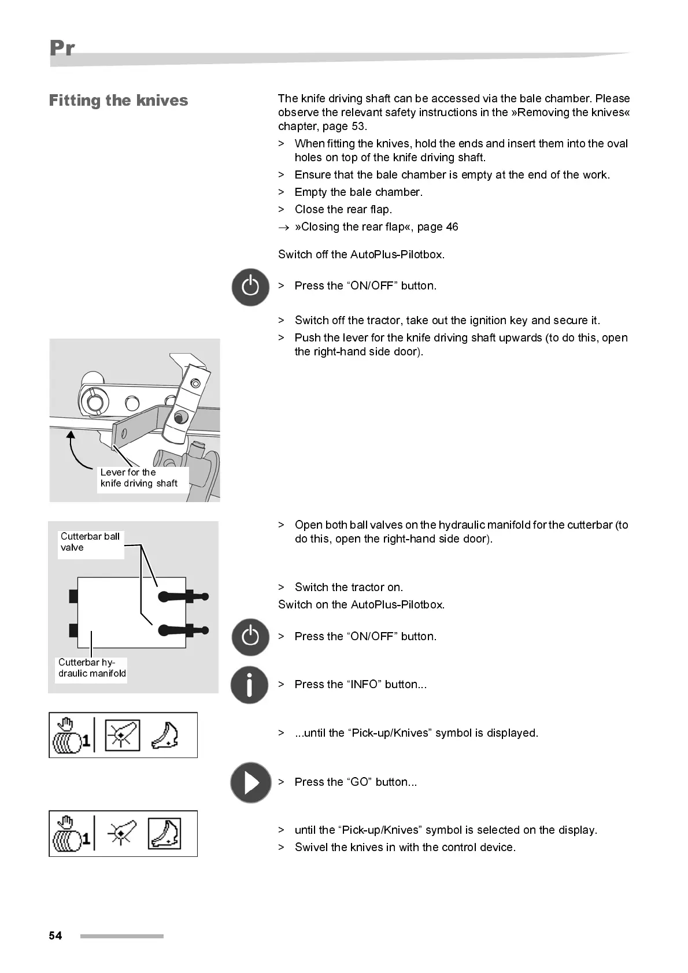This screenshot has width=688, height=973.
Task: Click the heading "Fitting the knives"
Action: coord(119,101)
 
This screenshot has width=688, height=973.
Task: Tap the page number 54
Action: coord(56,935)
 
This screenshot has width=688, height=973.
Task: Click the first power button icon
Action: coord(250,287)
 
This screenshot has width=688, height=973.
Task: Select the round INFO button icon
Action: coord(249,685)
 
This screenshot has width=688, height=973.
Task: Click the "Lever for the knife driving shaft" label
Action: coord(139,478)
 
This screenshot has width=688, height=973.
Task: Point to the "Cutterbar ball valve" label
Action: coord(90,542)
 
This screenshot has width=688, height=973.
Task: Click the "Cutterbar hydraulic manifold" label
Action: coord(91,668)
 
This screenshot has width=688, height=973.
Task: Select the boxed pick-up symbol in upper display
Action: coord(122,736)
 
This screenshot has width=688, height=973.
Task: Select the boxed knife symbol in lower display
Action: coord(165,834)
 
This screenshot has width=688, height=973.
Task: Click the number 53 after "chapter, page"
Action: coord(358,127)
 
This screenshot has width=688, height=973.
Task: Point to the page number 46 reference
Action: coord(452,227)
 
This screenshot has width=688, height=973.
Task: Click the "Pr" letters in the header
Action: coord(62,48)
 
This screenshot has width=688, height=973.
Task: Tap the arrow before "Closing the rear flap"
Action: coord(283,228)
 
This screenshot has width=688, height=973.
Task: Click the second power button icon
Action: coord(250,637)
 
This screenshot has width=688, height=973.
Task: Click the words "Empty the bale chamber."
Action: coord(358,192)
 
